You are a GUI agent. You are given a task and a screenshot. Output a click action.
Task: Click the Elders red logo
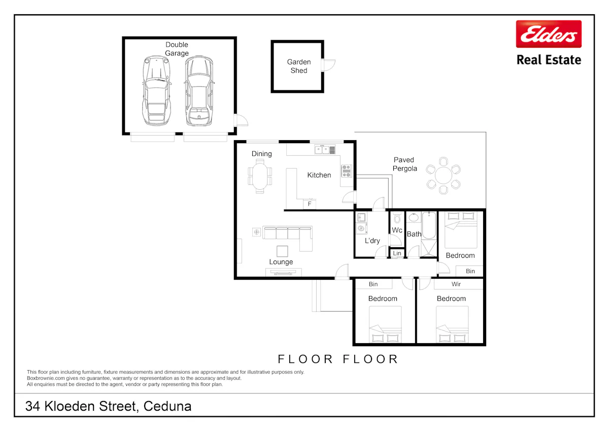pos(549,34)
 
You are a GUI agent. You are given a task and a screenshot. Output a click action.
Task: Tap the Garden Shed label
pos(299,66)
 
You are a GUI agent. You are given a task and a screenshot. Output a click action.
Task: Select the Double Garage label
pos(177,49)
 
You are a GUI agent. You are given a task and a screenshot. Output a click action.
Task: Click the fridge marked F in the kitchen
pos(310,204)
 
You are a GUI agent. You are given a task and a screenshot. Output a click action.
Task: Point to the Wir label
pos(456,284)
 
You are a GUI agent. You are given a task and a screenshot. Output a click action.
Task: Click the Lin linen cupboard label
pos(397,253)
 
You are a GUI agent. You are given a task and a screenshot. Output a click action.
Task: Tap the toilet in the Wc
pos(397,218)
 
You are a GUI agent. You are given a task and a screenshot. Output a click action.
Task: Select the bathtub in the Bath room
pos(429,226)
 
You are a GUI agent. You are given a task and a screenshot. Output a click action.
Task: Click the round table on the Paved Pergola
pos(444,176)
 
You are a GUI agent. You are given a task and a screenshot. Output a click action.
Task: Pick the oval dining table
pos(260,176)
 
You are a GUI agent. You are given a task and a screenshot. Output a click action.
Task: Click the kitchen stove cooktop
pos(346,171)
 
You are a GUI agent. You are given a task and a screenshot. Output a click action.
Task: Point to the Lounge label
pos(281,262)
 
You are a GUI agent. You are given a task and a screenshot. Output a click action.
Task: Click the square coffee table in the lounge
pos(282,251)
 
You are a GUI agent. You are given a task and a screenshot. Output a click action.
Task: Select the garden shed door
pos(328,65)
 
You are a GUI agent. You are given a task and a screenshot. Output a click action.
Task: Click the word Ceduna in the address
pos(167,406)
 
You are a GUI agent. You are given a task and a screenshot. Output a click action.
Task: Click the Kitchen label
pos(319,175)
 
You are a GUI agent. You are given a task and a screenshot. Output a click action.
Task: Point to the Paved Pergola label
pos(404,164)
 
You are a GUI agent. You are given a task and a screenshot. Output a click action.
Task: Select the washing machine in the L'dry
pos(361,228)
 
